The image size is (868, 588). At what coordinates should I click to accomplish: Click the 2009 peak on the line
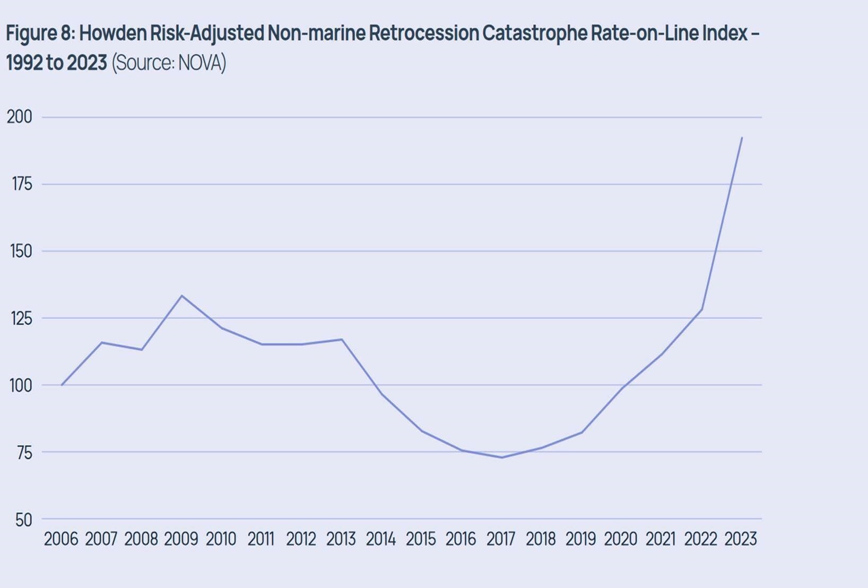click(x=182, y=296)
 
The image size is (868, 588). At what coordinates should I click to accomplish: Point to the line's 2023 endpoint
click(x=742, y=137)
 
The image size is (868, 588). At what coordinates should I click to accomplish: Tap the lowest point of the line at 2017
click(x=502, y=457)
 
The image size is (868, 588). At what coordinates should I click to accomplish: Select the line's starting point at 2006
click(x=62, y=385)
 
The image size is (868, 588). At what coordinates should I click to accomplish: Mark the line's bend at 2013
click(x=342, y=339)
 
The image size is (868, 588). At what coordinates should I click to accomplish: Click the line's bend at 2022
click(x=702, y=309)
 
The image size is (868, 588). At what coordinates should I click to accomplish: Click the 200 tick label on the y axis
click(x=19, y=117)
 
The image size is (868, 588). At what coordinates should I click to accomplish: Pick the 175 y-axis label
click(x=21, y=184)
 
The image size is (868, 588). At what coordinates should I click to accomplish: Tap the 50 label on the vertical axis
click(x=23, y=520)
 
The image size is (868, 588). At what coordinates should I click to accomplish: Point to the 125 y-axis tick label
click(x=21, y=318)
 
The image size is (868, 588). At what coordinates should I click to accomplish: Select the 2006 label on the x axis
click(x=60, y=539)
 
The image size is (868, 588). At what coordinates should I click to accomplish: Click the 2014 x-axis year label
click(x=380, y=539)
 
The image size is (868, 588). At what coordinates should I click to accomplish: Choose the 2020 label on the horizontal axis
click(x=620, y=539)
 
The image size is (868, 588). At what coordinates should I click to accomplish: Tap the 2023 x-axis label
click(x=740, y=539)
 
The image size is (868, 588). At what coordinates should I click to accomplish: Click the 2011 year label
click(x=261, y=539)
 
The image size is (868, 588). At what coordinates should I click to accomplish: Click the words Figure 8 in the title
click(x=40, y=33)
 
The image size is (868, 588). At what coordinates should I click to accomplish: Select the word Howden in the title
click(x=112, y=33)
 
